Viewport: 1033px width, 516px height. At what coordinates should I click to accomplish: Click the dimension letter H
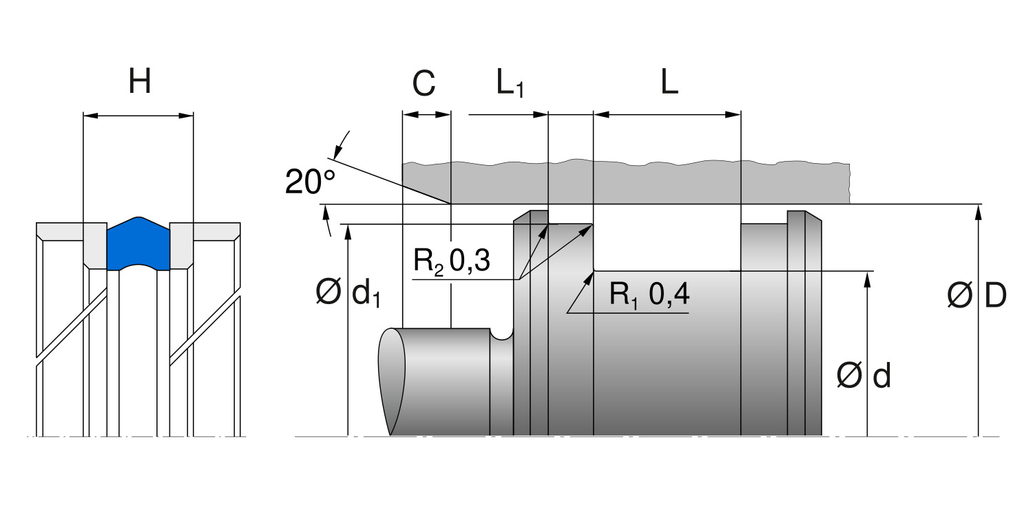click(x=140, y=83)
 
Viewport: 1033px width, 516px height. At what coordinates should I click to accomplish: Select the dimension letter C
click(x=424, y=84)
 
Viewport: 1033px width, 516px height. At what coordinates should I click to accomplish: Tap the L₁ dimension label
click(x=510, y=84)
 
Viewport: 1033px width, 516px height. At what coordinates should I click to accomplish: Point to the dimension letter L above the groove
click(x=669, y=83)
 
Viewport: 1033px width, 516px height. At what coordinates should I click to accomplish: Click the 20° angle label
click(x=311, y=183)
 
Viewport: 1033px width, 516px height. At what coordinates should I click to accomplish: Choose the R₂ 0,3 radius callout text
click(x=452, y=262)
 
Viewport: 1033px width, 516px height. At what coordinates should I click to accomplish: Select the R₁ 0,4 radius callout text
click(x=649, y=295)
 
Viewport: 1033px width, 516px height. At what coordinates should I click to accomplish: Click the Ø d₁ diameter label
click(x=348, y=294)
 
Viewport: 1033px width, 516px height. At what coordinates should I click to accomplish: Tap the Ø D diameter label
click(x=977, y=296)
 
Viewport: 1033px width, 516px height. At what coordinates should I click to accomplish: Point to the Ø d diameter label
click(x=864, y=376)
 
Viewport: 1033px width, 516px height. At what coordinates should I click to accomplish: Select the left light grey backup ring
click(x=94, y=245)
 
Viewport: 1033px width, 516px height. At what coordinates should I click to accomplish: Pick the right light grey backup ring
click(x=182, y=245)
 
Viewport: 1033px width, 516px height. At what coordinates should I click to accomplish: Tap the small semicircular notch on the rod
click(x=503, y=334)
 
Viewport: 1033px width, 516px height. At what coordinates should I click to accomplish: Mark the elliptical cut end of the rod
click(x=390, y=380)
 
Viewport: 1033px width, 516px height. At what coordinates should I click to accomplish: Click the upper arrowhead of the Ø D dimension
click(x=978, y=211)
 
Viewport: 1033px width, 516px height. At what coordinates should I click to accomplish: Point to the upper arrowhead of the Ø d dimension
click(x=867, y=277)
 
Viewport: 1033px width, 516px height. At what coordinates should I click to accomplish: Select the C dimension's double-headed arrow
click(x=426, y=115)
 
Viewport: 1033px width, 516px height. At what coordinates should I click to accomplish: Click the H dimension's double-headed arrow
click(x=138, y=116)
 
